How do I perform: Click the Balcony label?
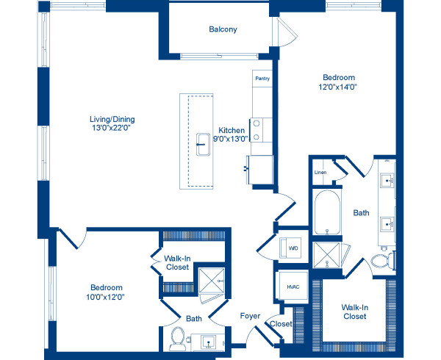[x=222, y=30]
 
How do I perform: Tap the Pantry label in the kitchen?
[x=262, y=78]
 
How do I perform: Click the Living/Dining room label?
[x=112, y=120]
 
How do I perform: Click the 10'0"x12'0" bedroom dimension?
[x=107, y=298]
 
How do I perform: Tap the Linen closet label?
[x=320, y=173]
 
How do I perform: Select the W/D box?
[x=293, y=248]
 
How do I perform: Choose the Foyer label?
[x=249, y=316]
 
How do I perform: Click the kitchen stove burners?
[x=257, y=130]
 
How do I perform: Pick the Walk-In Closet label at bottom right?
[x=354, y=312]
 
